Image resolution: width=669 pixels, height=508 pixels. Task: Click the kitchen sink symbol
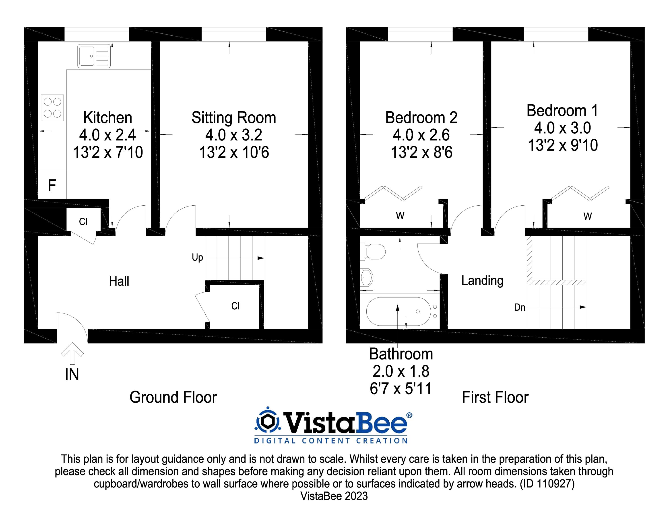click(x=94, y=56)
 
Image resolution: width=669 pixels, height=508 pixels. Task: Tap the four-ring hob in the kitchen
click(x=52, y=108)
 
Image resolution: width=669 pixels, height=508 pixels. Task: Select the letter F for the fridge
click(x=52, y=185)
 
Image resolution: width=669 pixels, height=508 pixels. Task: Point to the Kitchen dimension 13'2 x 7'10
click(x=108, y=152)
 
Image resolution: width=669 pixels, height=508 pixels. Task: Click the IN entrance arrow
click(x=72, y=354)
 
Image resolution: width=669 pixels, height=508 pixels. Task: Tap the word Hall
click(x=119, y=281)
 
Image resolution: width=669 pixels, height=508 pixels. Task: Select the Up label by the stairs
click(x=197, y=258)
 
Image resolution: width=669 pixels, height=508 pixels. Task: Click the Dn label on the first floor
click(x=520, y=308)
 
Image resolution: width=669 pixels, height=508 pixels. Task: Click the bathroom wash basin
click(x=367, y=277)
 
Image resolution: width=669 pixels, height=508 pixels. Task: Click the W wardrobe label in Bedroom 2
click(x=400, y=216)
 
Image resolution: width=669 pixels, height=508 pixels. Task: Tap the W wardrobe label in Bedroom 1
click(x=588, y=216)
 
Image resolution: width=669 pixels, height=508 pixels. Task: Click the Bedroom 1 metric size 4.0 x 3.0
click(x=563, y=128)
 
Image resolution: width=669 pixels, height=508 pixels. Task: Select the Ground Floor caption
click(x=173, y=397)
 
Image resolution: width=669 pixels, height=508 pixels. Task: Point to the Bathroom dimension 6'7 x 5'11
click(x=401, y=388)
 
